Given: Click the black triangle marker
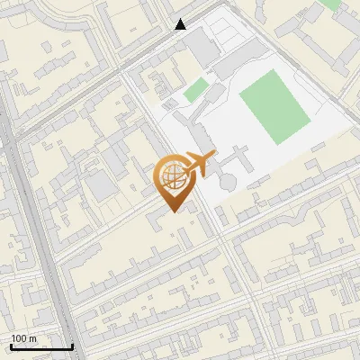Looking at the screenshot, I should coord(181,24).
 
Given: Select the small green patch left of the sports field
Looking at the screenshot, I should coord(195,89).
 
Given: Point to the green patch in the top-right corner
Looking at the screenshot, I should coord(331,4).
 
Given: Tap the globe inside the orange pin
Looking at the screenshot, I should coord(173,176).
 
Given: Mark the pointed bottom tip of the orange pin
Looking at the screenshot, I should coord(174,211).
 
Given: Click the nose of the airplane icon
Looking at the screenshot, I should coord(213,157).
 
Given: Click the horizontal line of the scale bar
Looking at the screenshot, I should coord(41,346).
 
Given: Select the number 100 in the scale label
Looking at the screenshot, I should coord(18,338).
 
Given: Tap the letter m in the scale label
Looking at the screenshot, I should coord(32,338).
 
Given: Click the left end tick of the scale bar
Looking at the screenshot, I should coord(11,345).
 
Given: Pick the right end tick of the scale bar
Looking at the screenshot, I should coord(72,345).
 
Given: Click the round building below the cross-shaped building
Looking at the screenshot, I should coord(226,183).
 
